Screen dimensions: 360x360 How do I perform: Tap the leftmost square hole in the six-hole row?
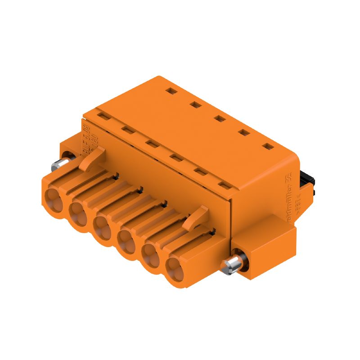coord(103,117)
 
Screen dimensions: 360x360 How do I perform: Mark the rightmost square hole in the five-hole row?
coord(268,146)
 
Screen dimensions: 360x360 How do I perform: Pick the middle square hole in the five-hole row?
coord(220,119)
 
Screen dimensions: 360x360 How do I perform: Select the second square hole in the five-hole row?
coord(195,105)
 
